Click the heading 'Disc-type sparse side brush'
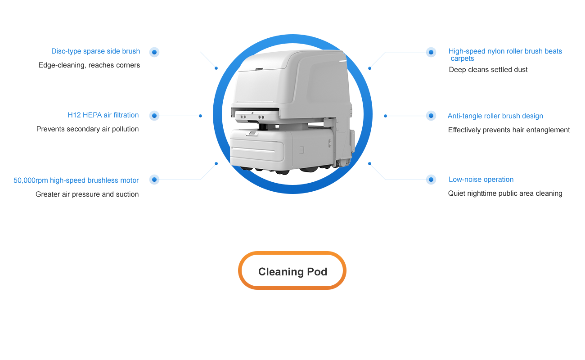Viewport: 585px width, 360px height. (95, 51)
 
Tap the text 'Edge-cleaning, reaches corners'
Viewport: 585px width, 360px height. (89, 65)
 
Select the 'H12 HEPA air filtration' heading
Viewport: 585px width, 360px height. (103, 115)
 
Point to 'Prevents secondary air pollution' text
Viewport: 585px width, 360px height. (87, 129)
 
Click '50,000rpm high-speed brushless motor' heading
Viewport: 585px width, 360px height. (76, 180)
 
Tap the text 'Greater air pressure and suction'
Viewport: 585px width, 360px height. (87, 194)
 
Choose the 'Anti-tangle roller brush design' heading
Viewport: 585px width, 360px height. (495, 116)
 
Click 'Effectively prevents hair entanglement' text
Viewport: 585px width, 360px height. (509, 130)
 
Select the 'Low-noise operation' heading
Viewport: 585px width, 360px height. (481, 180)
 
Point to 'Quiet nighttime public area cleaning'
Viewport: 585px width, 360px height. (505, 193)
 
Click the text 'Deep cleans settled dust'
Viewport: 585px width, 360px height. (488, 69)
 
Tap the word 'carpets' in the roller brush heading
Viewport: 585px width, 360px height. (462, 58)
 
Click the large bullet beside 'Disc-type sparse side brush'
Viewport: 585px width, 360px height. (154, 52)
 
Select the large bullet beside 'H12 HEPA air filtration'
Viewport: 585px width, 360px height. (154, 116)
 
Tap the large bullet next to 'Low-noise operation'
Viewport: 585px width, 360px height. (431, 180)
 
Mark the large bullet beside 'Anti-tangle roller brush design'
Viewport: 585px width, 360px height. (431, 116)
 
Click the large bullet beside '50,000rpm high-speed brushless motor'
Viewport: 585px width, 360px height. (154, 180)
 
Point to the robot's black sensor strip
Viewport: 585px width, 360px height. (255, 110)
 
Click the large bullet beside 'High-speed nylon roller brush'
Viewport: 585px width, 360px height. (431, 52)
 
